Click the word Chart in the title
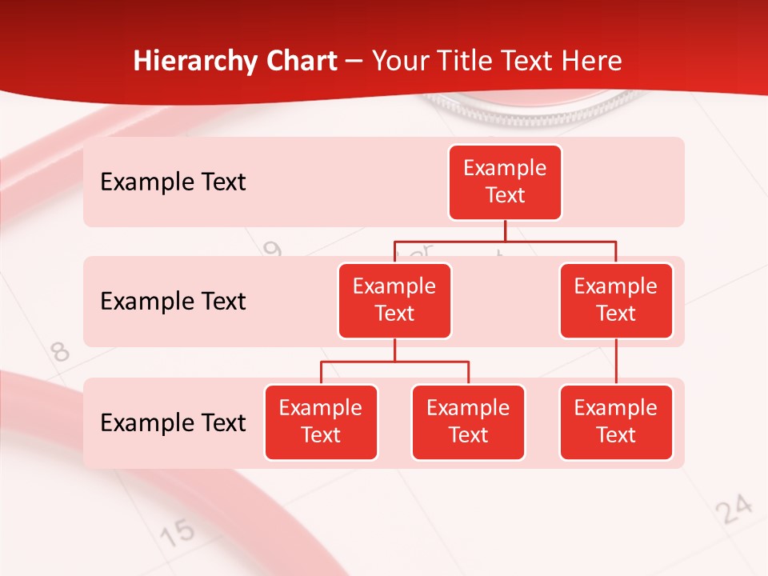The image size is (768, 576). tap(300, 61)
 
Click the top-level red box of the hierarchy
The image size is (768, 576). tap(505, 182)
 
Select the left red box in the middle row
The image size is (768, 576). tap(394, 300)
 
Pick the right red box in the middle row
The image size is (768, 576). tap(616, 300)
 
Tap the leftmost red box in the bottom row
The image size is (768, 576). tap(321, 422)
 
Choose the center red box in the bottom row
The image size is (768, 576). tap(468, 422)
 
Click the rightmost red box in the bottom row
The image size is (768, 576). tap(616, 422)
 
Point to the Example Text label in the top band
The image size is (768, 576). tap(173, 182)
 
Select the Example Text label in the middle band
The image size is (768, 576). tap(173, 301)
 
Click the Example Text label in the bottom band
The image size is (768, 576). tap(173, 422)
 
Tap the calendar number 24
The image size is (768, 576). tap(734, 509)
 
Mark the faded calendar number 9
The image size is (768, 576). tap(273, 250)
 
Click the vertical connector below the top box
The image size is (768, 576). tap(505, 230)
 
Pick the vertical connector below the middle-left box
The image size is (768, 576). tap(394, 350)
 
